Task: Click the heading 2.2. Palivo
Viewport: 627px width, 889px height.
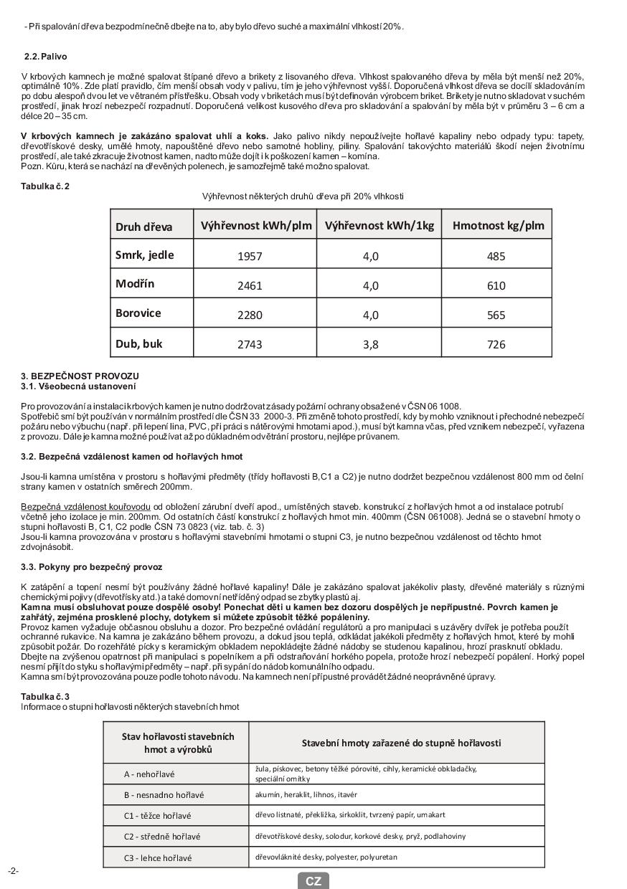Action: point(45,57)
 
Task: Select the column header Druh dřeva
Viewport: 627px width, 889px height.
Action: point(144,227)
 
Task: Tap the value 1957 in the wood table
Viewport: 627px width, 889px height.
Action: point(250,256)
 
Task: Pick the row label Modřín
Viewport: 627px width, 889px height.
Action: point(135,284)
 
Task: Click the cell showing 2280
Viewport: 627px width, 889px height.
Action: point(250,315)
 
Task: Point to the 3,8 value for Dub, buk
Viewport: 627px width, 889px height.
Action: point(370,344)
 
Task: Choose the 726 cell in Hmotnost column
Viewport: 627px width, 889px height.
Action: point(496,344)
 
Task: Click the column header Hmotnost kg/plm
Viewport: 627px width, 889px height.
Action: point(498,226)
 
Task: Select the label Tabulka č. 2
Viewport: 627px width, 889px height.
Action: point(45,186)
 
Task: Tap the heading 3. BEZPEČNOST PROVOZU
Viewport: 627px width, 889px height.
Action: point(80,376)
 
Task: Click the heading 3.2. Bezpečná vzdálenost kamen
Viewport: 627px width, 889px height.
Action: point(131,456)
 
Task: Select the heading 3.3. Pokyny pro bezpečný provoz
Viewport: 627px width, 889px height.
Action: point(91,566)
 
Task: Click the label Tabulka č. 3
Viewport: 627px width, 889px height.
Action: point(45,696)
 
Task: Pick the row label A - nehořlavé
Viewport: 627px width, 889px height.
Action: point(149,774)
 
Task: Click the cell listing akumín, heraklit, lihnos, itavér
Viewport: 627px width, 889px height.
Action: point(306,794)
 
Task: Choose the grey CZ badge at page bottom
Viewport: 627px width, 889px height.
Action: point(313,881)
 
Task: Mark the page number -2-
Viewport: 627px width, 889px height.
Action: point(13,871)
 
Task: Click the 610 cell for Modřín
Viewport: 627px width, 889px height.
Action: point(496,285)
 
